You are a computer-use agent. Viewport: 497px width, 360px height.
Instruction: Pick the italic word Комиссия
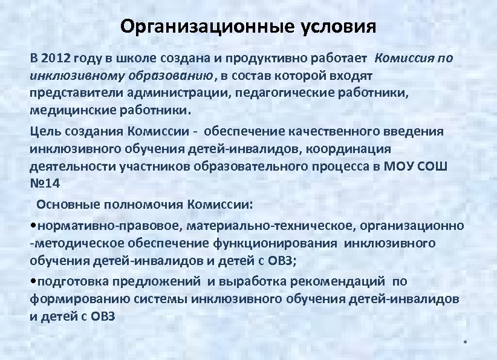point(403,59)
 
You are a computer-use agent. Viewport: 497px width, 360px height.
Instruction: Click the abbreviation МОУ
point(402,166)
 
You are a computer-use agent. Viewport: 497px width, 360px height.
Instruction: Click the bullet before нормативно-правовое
point(33,226)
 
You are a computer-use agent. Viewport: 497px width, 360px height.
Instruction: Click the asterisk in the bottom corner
point(465,344)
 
